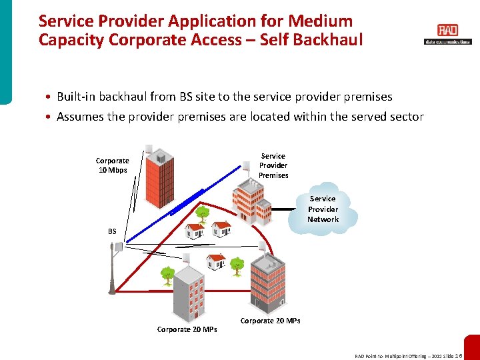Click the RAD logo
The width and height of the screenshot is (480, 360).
447,31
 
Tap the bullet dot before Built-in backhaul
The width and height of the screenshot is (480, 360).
50,97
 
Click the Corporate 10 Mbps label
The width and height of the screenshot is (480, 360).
112,165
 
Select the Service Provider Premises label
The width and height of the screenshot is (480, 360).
273,165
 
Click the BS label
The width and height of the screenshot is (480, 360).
112,231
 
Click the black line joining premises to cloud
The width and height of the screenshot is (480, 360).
283,209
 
